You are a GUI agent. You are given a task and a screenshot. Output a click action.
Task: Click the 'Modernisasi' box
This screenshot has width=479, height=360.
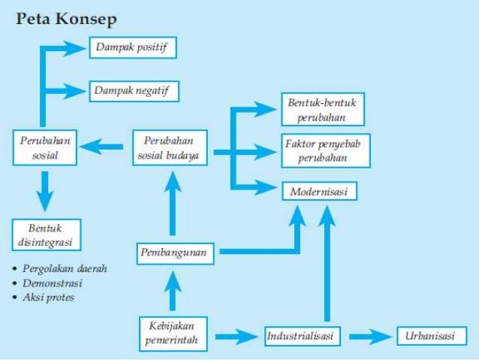point(319,192)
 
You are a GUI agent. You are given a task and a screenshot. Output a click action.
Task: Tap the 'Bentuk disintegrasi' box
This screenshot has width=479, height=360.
point(46,234)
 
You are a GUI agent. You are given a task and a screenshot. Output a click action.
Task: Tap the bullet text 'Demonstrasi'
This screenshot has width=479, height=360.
point(56,283)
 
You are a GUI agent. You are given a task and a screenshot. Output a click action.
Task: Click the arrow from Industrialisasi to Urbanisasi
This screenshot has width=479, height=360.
point(367,335)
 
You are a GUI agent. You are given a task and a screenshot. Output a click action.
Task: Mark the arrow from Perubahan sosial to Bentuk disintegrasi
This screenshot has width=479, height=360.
point(45,190)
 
